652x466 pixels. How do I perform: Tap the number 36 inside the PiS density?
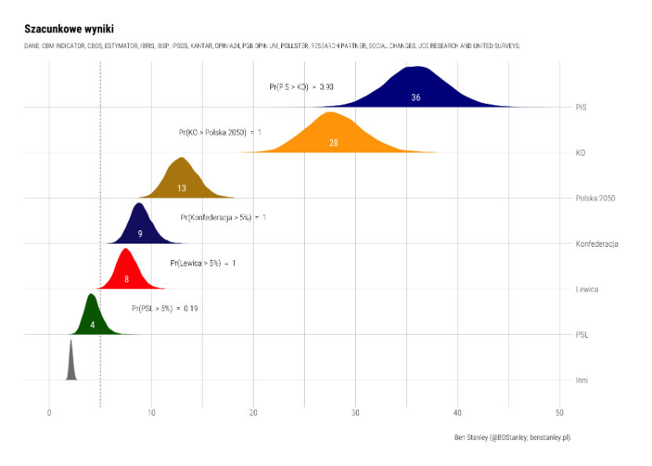point(416,97)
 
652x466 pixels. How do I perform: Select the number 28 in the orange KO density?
point(334,143)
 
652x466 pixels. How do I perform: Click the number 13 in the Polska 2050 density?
point(181,189)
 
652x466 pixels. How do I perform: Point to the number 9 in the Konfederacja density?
point(140,234)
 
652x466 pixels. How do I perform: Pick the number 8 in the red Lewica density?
point(126,279)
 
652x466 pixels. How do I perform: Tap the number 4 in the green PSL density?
point(93,325)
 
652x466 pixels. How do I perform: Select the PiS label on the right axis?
point(581,107)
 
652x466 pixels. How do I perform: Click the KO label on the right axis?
point(581,152)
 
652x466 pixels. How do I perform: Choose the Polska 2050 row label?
point(595,198)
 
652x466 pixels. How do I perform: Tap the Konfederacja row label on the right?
point(597,244)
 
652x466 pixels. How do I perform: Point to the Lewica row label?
point(587,289)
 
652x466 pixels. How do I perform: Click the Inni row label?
point(581,380)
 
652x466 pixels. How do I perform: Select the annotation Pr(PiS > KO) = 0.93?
point(301,87)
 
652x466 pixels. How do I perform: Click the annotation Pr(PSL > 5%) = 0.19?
point(165,309)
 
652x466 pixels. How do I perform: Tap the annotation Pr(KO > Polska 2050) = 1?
point(221,133)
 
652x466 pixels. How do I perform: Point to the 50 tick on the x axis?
point(559,413)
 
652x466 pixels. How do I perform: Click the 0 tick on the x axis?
point(49,413)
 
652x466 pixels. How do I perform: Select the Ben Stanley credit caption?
point(512,437)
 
